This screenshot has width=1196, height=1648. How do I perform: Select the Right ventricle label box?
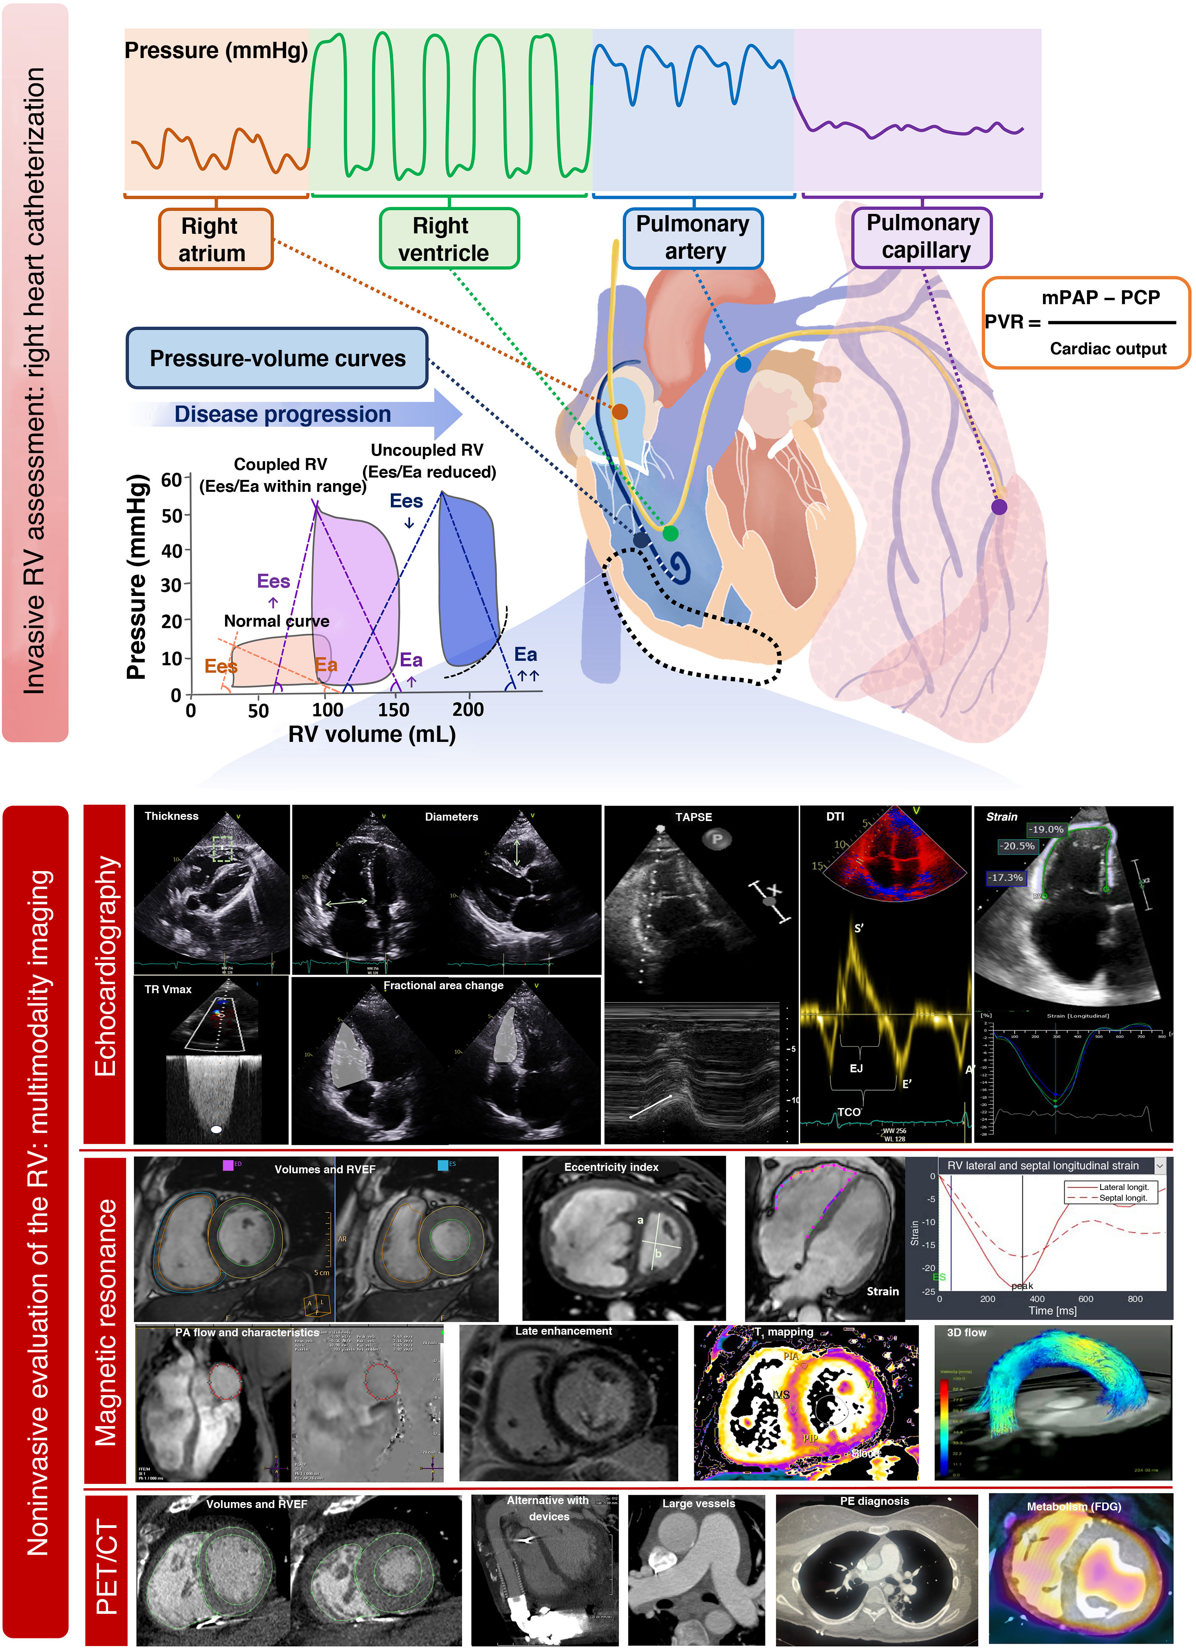449,238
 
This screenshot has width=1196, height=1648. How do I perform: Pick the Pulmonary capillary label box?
922,237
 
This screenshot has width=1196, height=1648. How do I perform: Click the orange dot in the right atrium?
619,411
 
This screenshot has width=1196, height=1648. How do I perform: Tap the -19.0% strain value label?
1046,829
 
